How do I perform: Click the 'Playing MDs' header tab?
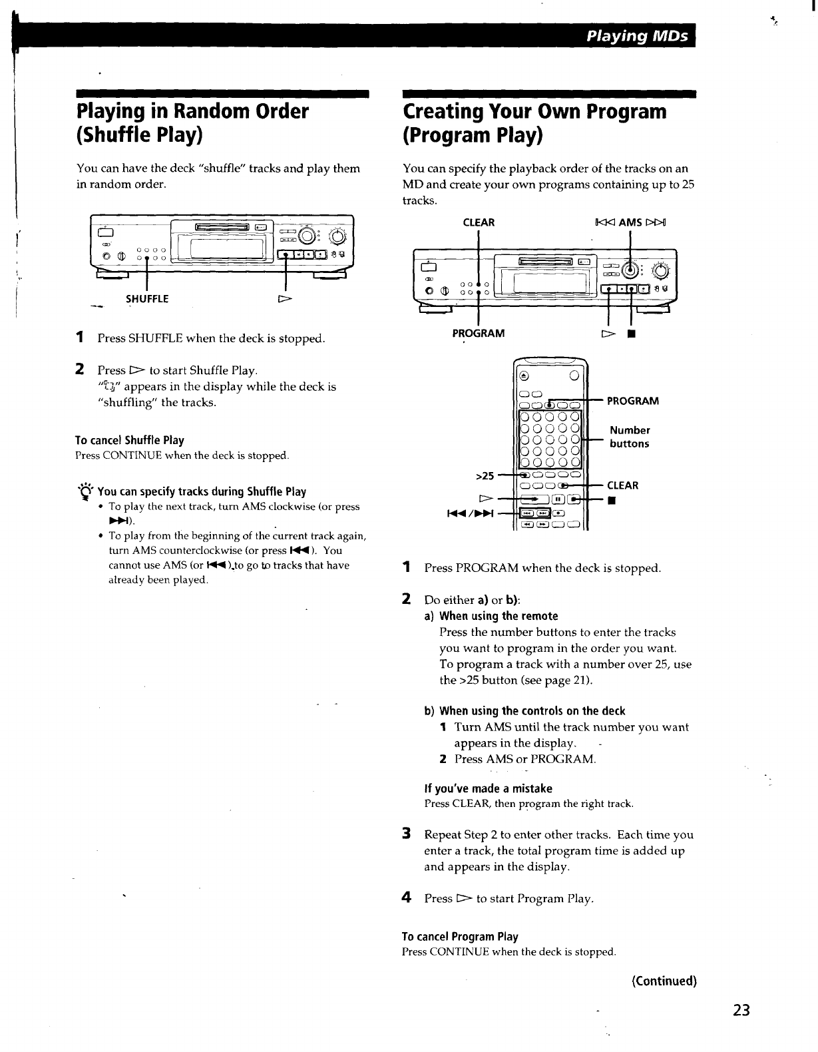tap(636, 36)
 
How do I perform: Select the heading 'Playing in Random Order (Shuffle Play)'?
tap(193, 123)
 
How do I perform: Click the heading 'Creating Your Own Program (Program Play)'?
tap(534, 123)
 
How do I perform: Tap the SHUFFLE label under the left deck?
tap(147, 299)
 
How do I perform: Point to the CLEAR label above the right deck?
tap(479, 222)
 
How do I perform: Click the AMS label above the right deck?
tap(630, 222)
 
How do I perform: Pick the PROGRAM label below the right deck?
tap(479, 332)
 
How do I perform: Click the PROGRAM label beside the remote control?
tap(633, 401)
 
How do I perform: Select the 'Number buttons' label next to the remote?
tap(630, 437)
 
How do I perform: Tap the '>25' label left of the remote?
tap(485, 475)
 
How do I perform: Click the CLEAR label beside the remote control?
tap(622, 485)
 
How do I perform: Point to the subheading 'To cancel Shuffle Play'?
tap(130, 440)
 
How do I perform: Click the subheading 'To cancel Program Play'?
tap(460, 937)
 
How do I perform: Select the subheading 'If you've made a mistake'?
tap(489, 788)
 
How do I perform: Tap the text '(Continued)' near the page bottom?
tap(664, 981)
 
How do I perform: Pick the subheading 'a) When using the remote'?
tap(491, 616)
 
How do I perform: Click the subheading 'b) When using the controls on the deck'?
tap(525, 710)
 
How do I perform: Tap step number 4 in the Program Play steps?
tap(406, 898)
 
